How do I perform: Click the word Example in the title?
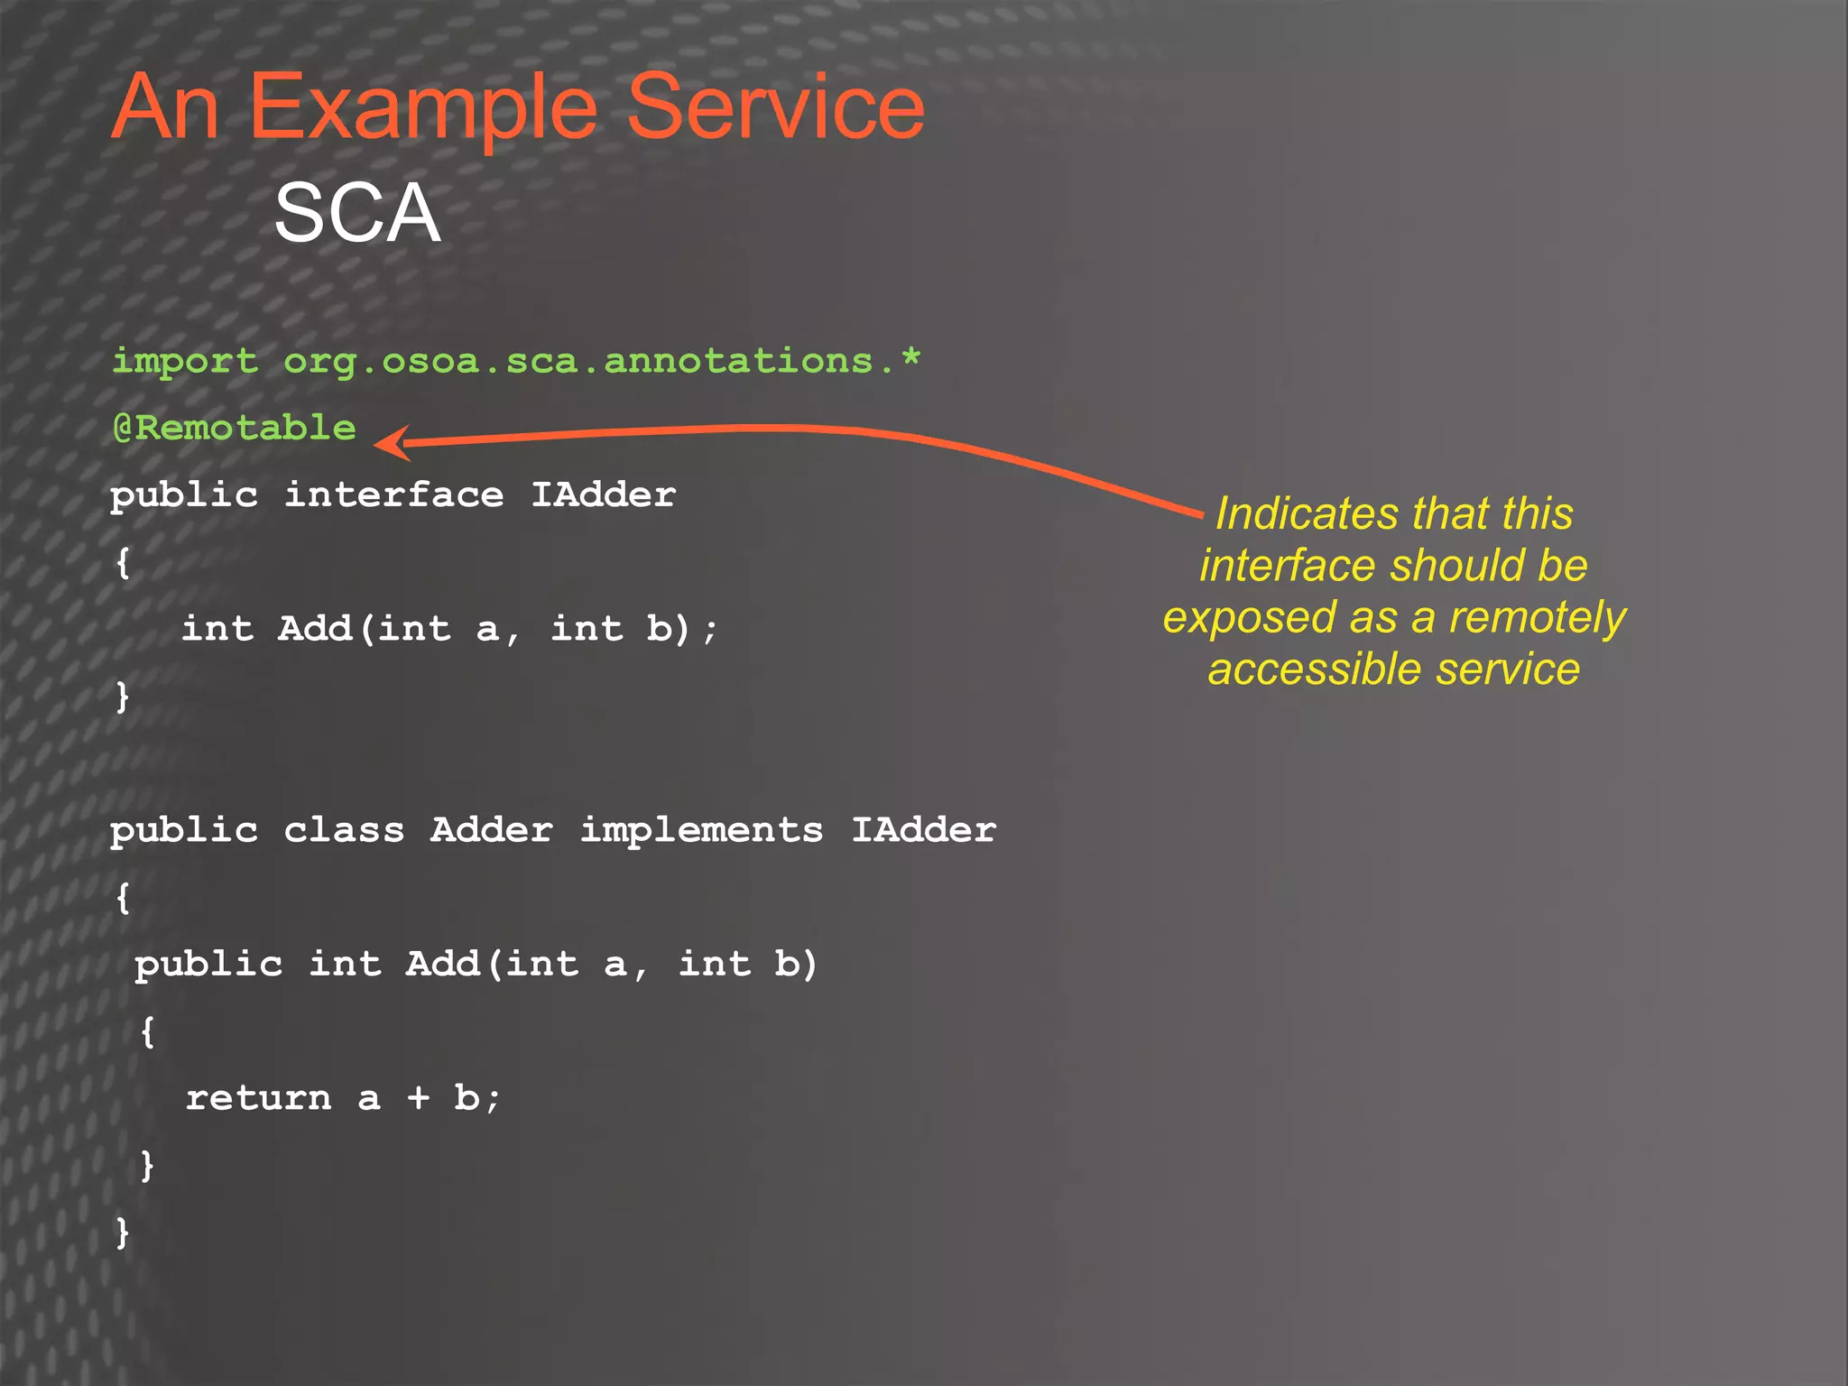point(422,108)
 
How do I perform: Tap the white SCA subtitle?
point(357,213)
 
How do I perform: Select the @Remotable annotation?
point(234,428)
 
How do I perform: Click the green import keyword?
point(184,361)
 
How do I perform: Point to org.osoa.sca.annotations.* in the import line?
point(602,361)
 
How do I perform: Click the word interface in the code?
point(393,494)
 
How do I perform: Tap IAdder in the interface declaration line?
point(603,494)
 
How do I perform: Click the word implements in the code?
point(701,830)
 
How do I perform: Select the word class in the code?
point(344,830)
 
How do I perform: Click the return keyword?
point(258,1098)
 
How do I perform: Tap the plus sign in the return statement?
point(418,1098)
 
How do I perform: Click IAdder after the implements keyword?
point(924,830)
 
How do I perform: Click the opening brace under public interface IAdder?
point(124,563)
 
